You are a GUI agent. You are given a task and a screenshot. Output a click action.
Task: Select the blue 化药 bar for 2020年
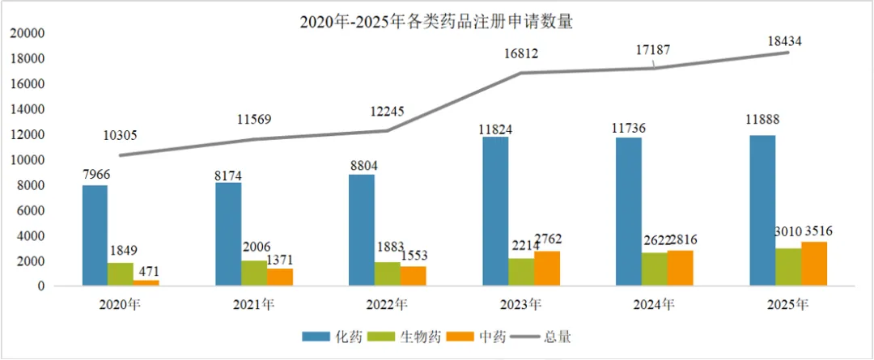pyautogui.click(x=95, y=235)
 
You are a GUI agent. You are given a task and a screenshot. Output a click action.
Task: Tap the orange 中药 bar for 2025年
pyautogui.click(x=815, y=264)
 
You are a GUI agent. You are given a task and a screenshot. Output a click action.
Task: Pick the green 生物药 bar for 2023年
pyautogui.click(x=521, y=272)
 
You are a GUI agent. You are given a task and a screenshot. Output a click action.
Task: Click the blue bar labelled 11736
pyautogui.click(x=629, y=212)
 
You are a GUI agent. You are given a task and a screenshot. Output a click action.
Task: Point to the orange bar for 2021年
pyautogui.click(x=279, y=277)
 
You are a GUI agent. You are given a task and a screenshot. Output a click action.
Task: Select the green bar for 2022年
pyautogui.click(x=388, y=274)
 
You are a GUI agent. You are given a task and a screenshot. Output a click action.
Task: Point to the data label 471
pyautogui.click(x=146, y=272)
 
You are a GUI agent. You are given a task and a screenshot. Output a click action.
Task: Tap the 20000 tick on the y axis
pyautogui.click(x=27, y=34)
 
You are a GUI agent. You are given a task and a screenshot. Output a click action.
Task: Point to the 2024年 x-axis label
pyautogui.click(x=655, y=305)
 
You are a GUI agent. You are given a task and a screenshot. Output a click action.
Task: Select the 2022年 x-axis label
pyautogui.click(x=388, y=305)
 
